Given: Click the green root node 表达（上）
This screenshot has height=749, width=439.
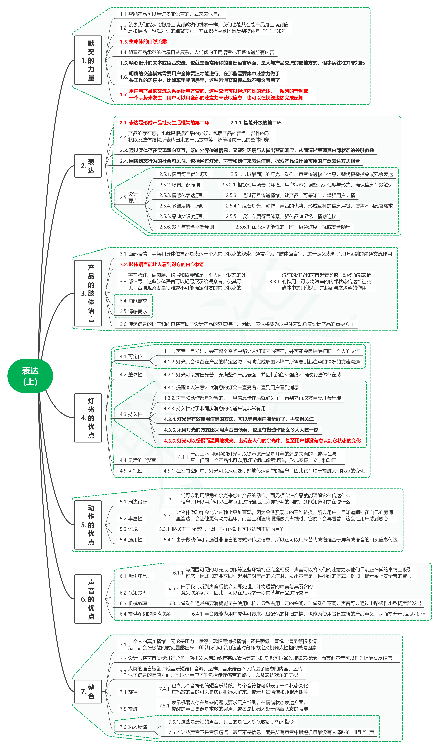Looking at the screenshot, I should pos(30,376).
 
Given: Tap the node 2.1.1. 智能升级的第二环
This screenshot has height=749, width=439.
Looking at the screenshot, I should pos(256,123).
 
